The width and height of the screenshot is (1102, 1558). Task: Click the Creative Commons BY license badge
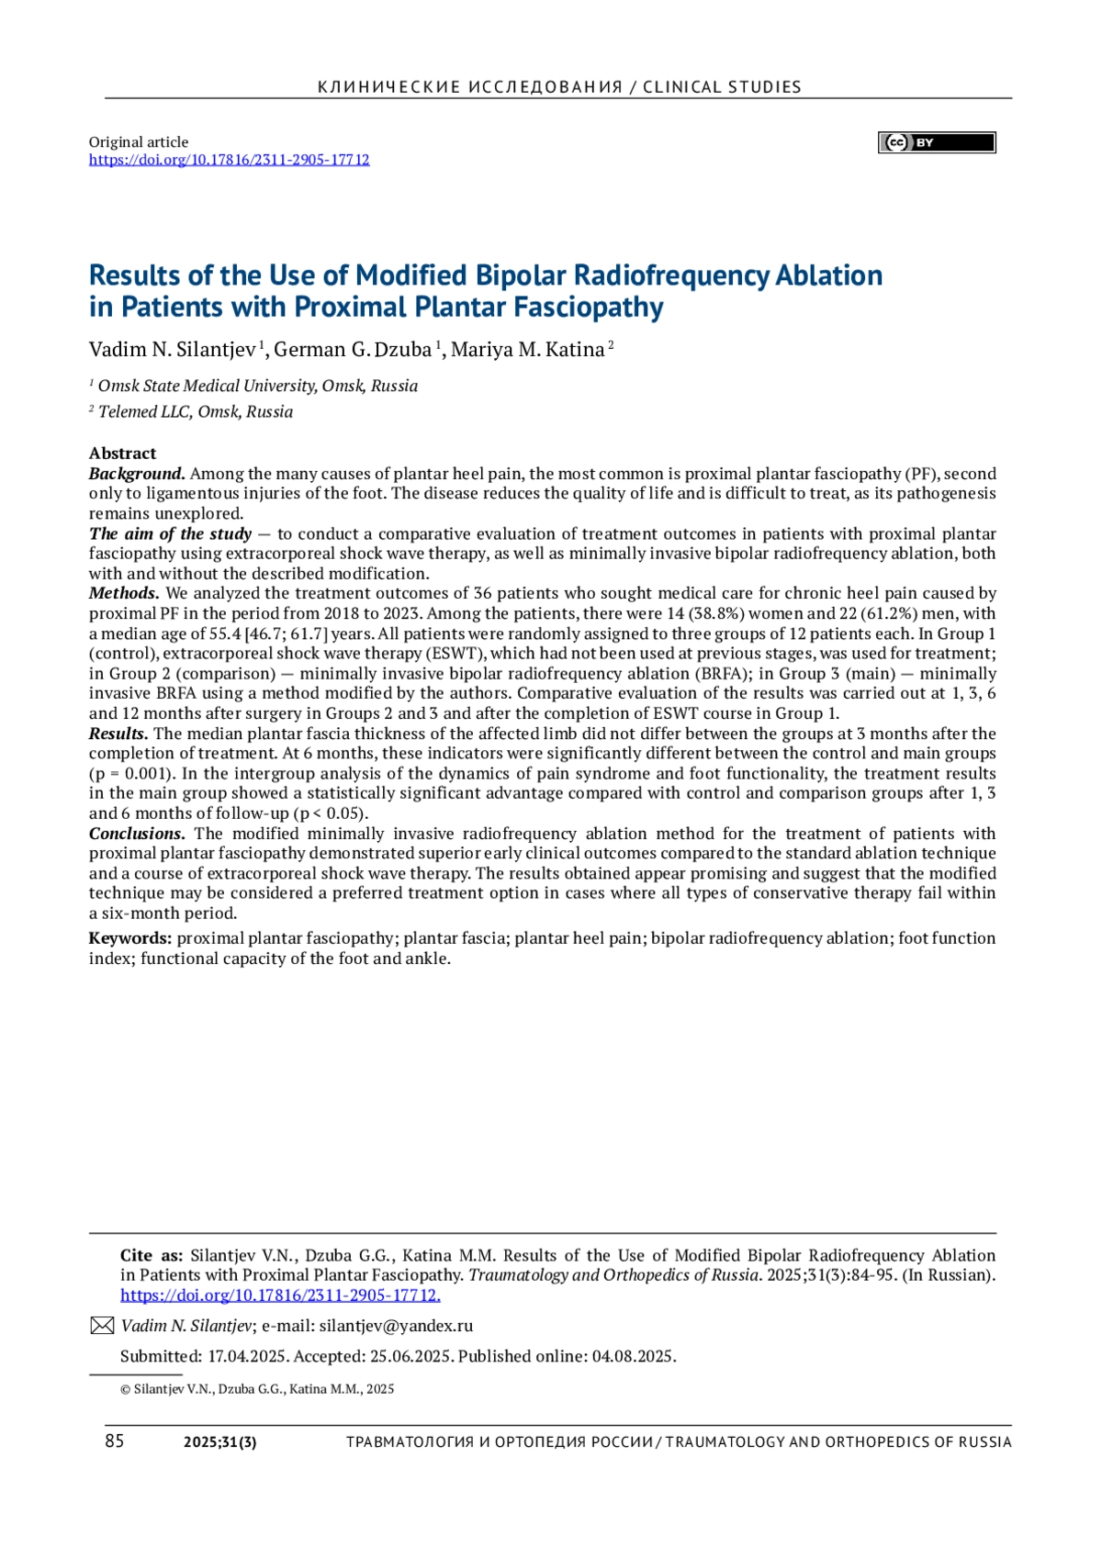937,142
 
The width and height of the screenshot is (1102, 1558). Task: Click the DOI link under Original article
229,160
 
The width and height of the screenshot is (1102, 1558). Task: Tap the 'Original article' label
139,142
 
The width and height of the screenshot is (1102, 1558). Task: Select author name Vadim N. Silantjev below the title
173,350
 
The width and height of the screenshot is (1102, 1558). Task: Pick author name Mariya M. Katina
528,350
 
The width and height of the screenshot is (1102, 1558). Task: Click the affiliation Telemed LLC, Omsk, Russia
196,412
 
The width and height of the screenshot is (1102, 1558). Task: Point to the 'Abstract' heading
122,454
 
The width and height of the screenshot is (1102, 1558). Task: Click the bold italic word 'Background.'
137,474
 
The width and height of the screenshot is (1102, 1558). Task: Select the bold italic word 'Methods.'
124,593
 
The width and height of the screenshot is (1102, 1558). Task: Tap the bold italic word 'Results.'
118,734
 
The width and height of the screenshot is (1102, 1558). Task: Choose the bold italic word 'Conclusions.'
137,834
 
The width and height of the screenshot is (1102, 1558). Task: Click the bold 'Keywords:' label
130,938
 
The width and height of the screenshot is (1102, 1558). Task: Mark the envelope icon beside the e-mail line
101,1326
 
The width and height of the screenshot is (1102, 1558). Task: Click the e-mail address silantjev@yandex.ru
396,1326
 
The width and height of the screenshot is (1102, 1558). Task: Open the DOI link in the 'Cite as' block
280,1295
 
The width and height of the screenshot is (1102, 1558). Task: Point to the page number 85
114,1441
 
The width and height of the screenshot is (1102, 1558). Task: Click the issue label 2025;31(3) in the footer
220,1442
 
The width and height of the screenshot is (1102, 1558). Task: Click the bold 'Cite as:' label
152,1256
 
